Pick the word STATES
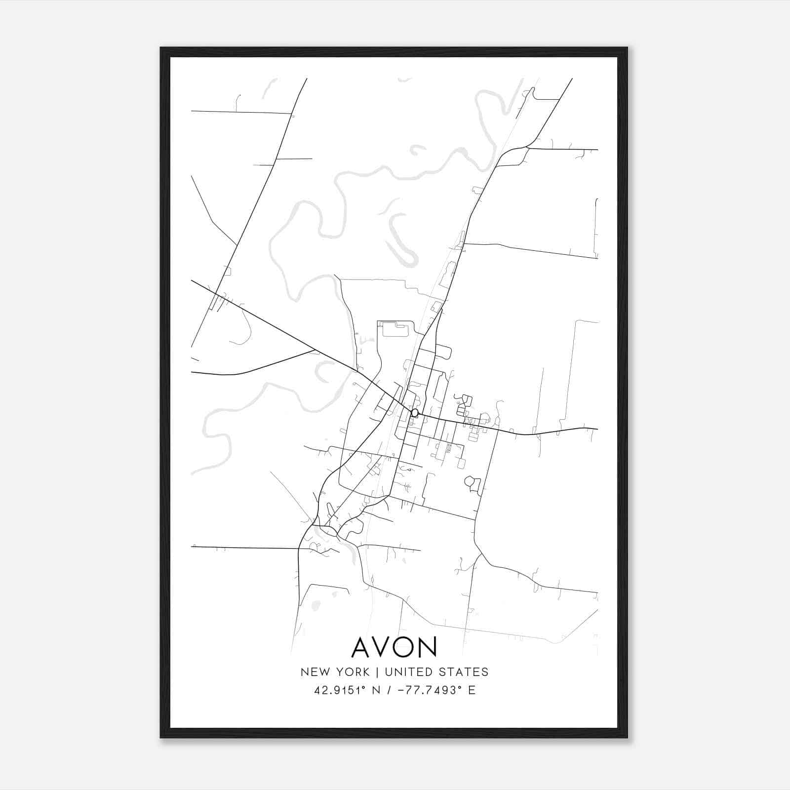click(x=467, y=672)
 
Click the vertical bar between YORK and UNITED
click(x=377, y=672)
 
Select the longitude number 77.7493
click(x=428, y=690)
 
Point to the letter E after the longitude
click(x=472, y=690)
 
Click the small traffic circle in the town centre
click(x=415, y=412)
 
